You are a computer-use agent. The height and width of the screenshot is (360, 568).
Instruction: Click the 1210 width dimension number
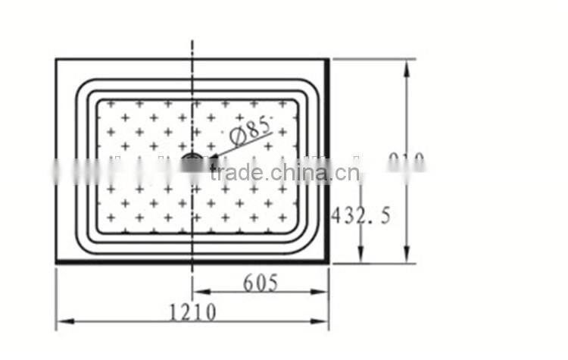pos(192,311)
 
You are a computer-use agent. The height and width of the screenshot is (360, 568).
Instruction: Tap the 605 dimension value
pos(261,283)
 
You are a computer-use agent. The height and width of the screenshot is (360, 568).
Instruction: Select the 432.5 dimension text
pos(361,216)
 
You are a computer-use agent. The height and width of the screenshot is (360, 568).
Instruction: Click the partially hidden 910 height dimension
pos(407,161)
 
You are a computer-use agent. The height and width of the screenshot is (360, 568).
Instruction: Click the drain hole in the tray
pos(192,160)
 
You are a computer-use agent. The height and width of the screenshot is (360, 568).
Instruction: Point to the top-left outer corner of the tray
pos(57,59)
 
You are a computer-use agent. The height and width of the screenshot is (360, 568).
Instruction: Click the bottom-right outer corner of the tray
pos(329,263)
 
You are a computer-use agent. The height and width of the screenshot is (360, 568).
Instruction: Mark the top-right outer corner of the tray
pos(329,59)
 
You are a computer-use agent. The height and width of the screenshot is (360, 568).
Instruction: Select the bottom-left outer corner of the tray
pos(57,263)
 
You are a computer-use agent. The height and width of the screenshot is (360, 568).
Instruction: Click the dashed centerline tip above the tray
pos(192,42)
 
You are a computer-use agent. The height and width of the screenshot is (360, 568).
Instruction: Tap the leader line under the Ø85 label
pos(242,147)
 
